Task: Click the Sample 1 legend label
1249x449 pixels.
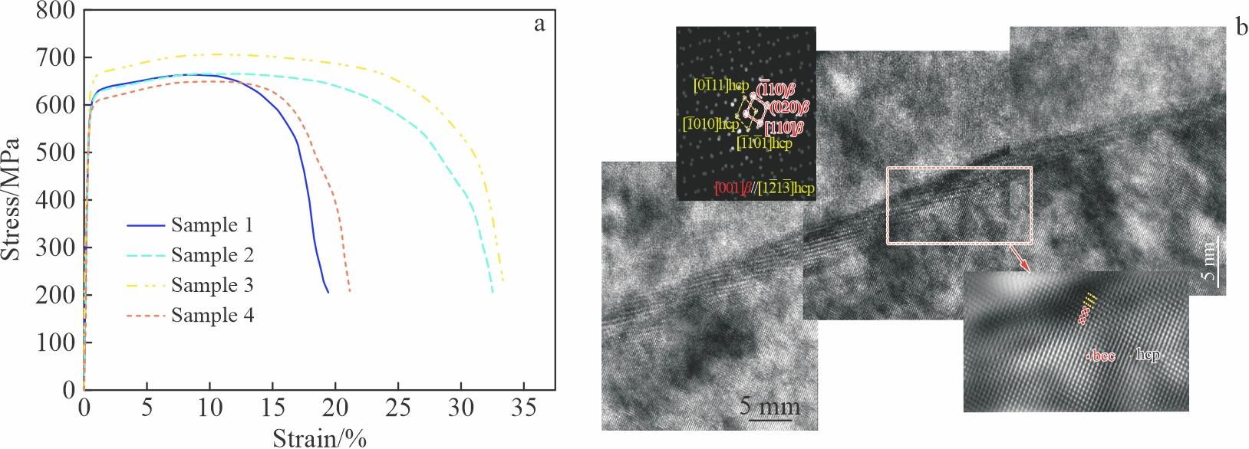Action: (x=212, y=225)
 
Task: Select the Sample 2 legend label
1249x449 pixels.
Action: (x=212, y=255)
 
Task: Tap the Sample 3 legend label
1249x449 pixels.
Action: (x=212, y=285)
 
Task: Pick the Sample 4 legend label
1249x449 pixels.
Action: (x=212, y=315)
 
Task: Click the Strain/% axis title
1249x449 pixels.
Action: (x=319, y=438)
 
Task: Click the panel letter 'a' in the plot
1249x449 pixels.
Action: (x=539, y=24)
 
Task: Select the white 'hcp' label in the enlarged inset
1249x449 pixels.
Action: (x=1148, y=355)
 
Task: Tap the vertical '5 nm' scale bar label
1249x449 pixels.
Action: (x=1208, y=265)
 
